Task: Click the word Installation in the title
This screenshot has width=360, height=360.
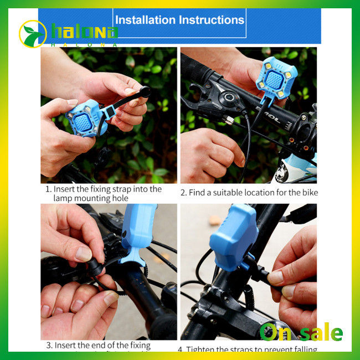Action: (145, 20)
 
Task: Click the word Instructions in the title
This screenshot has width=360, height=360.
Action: (211, 20)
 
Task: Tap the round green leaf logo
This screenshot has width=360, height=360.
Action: (33, 34)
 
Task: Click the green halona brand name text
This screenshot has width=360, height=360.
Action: (85, 32)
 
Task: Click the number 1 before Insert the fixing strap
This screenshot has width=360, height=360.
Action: (48, 189)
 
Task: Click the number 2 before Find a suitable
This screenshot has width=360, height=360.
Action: (183, 193)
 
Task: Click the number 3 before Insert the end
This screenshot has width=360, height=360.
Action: (49, 345)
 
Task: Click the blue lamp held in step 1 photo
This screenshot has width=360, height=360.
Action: (84, 119)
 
